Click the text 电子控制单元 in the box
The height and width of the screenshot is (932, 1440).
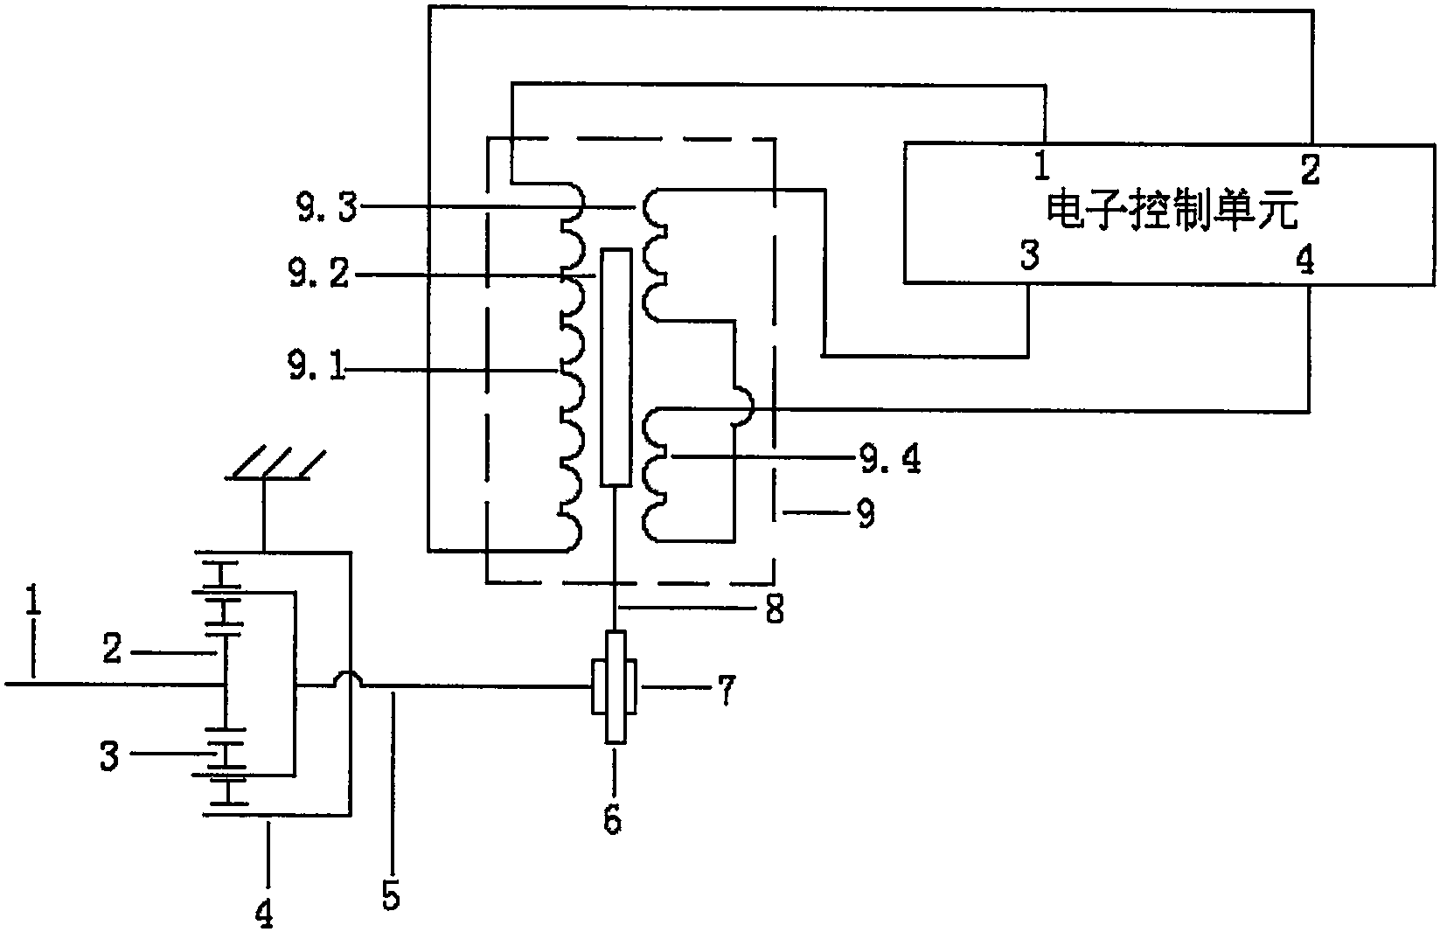[x=1172, y=211]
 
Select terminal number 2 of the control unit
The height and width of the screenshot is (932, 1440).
[x=1310, y=170]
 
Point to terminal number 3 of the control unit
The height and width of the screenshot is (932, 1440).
[x=1030, y=255]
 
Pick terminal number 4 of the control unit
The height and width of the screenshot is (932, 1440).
[x=1305, y=261]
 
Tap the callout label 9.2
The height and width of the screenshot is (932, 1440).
[x=319, y=275]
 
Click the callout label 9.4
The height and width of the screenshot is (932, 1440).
[x=890, y=459]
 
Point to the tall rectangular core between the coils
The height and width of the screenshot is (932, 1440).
[x=616, y=366]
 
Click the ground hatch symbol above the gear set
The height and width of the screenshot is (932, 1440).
[x=275, y=463]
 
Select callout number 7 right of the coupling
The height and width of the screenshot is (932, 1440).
[x=726, y=690]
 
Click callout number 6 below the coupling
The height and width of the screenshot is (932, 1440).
[x=613, y=818]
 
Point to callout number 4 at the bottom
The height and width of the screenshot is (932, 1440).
[x=264, y=911]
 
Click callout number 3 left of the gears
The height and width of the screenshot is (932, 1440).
[x=109, y=756]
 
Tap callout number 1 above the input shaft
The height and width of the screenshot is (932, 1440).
[x=32, y=600]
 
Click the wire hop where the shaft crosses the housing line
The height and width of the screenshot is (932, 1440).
[x=351, y=678]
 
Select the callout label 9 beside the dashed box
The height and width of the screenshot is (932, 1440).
[x=866, y=513]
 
